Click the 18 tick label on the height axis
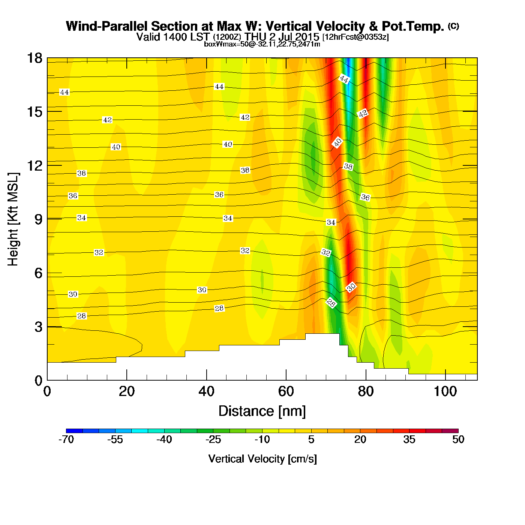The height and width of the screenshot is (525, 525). tap(34, 58)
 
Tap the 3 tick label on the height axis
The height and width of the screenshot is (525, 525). tap(38, 327)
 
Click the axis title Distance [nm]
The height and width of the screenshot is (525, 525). tap(262, 411)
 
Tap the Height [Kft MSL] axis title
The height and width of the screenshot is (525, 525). tap(13, 219)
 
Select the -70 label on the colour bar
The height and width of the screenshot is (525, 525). tap(66, 439)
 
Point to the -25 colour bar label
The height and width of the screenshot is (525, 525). tap(213, 439)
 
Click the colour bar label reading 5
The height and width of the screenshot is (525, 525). tap(311, 439)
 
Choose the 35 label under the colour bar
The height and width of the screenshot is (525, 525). tap(409, 439)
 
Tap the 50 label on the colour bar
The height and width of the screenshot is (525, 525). tap(458, 439)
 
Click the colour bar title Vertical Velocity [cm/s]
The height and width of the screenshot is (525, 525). tap(262, 459)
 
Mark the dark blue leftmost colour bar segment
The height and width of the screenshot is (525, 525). tap(74, 431)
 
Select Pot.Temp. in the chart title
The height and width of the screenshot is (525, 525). tap(413, 27)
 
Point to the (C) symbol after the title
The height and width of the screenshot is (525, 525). tap(453, 26)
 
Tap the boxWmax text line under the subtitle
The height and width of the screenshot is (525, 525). tap(262, 44)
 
